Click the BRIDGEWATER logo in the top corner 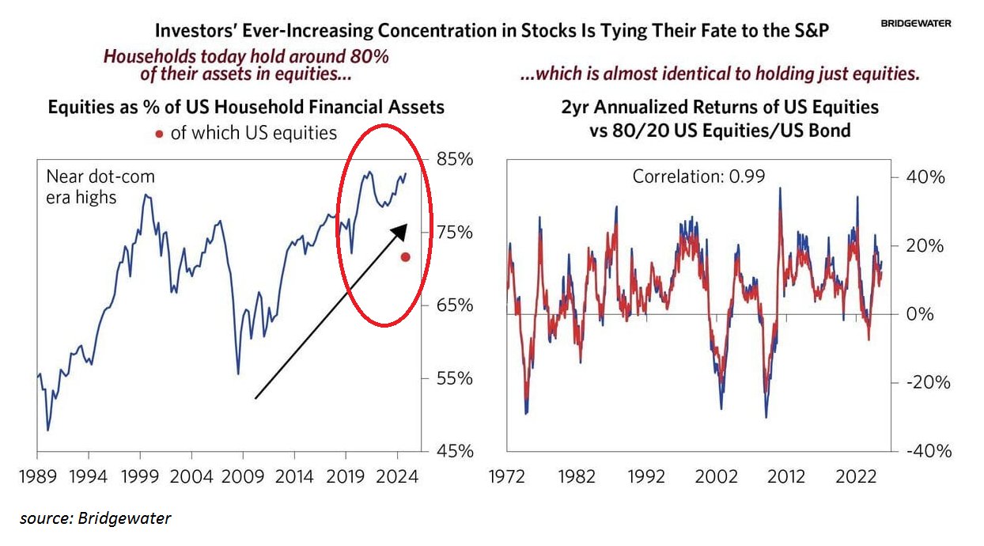pyautogui.click(x=915, y=24)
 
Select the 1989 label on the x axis pyautogui.click(x=37, y=477)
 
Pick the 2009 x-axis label pyautogui.click(x=243, y=477)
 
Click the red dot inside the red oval pyautogui.click(x=405, y=256)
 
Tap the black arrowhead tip pyautogui.click(x=405, y=226)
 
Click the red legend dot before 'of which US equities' pyautogui.click(x=159, y=134)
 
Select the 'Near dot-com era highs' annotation pyautogui.click(x=100, y=187)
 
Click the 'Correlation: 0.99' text pyautogui.click(x=698, y=176)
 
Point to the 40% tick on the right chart pyautogui.click(x=925, y=177)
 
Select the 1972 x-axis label pyautogui.click(x=506, y=477)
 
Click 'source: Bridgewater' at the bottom pyautogui.click(x=96, y=519)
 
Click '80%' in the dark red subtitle pyautogui.click(x=368, y=58)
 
